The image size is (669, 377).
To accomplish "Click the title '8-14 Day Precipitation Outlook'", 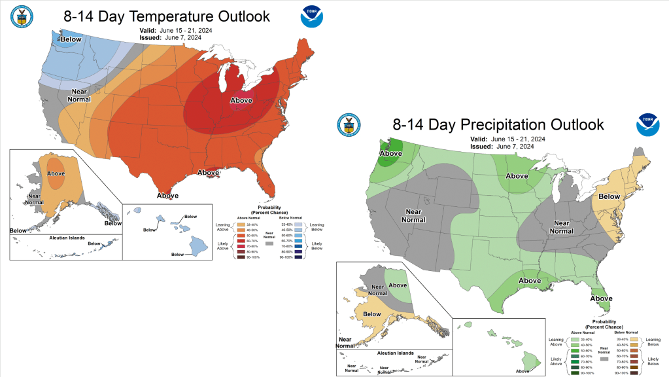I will [x=498, y=124].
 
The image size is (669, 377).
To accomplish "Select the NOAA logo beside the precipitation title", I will [x=648, y=124].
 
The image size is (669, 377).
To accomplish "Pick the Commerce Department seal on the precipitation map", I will [x=349, y=124].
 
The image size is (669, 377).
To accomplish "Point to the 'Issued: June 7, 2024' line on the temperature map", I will [x=171, y=37].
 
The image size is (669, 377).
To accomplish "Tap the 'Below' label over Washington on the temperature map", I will [x=71, y=39].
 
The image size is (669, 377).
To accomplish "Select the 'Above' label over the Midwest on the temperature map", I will [x=241, y=100].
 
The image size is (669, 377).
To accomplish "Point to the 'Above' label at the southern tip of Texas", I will [x=168, y=195].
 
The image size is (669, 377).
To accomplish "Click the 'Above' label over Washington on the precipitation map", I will [x=391, y=154].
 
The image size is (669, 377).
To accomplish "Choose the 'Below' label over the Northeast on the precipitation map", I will [x=609, y=196].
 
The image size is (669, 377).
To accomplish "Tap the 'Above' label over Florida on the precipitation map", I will [x=602, y=298].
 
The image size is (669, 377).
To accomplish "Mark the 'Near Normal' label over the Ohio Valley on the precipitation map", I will [x=562, y=226].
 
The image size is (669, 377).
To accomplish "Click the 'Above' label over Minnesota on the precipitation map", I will [x=517, y=176].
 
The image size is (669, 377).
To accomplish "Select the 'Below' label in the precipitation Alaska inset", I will [x=372, y=314].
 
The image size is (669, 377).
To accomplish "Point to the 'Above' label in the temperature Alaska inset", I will [x=56, y=173].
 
